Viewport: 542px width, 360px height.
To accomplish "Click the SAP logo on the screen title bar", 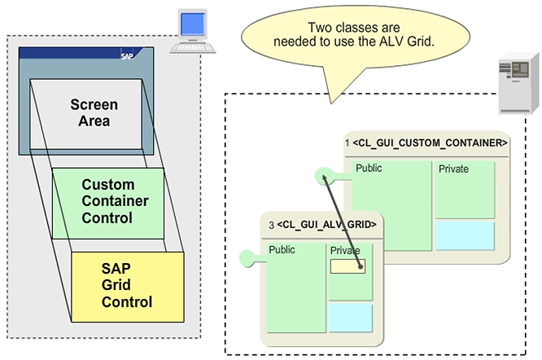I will pyautogui.click(x=127, y=56).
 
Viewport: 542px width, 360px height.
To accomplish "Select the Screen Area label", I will pyautogui.click(x=94, y=113).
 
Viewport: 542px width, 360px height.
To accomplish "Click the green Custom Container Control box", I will pyautogui.click(x=107, y=201).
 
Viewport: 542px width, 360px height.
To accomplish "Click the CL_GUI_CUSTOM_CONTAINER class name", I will pyautogui.click(x=431, y=143).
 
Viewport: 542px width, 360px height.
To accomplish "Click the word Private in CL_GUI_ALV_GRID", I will pyautogui.click(x=345, y=251).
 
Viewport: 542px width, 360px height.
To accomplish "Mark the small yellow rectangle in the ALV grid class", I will pyautogui.click(x=348, y=266).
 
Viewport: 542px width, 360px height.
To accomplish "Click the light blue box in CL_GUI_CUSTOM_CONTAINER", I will pyautogui.click(x=464, y=235).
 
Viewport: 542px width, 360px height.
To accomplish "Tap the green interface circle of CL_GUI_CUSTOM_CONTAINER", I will pyautogui.click(x=325, y=174).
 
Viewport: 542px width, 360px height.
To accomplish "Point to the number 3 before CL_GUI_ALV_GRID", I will pyautogui.click(x=271, y=223).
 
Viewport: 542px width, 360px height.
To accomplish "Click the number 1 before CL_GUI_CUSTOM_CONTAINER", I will pyautogui.click(x=347, y=143).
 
